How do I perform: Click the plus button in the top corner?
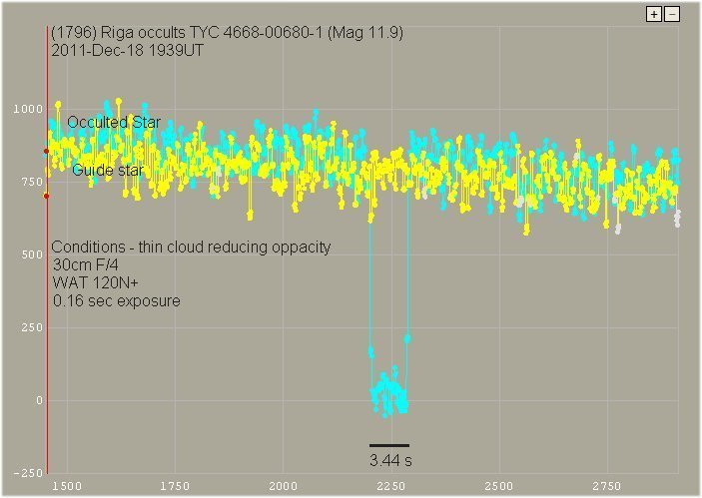pyautogui.click(x=654, y=14)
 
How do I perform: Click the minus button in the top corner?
pyautogui.click(x=672, y=14)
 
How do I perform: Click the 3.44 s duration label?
pyautogui.click(x=389, y=461)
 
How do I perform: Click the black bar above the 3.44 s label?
pyautogui.click(x=388, y=445)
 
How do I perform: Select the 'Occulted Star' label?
pyautogui.click(x=114, y=122)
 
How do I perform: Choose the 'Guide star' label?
pyautogui.click(x=108, y=171)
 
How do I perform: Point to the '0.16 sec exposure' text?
pyautogui.click(x=116, y=300)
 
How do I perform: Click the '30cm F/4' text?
pyautogui.click(x=85, y=265)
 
